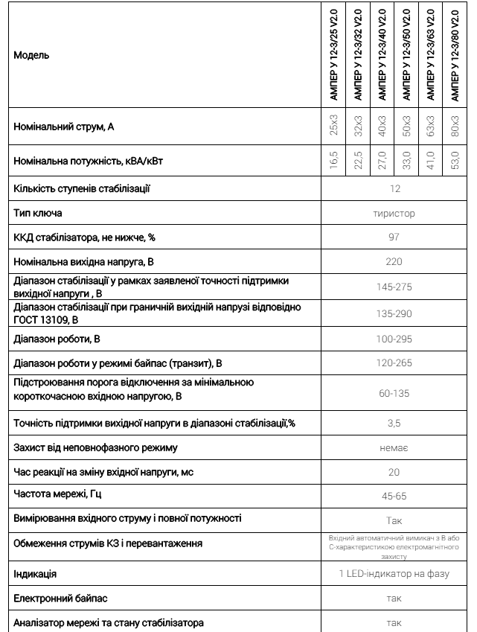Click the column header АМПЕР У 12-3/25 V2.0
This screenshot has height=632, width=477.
coord(334,54)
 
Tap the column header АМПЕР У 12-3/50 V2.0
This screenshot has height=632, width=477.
coord(407,54)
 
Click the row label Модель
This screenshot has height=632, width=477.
coord(31,55)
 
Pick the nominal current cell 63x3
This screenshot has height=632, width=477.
coord(431,127)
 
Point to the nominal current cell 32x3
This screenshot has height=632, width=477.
coord(358,127)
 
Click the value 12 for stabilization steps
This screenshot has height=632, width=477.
coord(394,189)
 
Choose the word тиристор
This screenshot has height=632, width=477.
coord(394,214)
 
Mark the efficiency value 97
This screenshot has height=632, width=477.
coord(394,237)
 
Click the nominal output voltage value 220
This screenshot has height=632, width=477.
coord(394,261)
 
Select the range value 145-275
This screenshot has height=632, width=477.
coord(394,287)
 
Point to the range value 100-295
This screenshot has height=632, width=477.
coord(394,339)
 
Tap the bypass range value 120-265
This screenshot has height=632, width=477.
coord(394,364)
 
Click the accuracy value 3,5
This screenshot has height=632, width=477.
coord(394,423)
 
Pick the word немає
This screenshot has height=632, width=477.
coord(394,448)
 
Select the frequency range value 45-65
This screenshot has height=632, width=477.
coord(394,495)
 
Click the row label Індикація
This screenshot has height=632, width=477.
coord(35,574)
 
